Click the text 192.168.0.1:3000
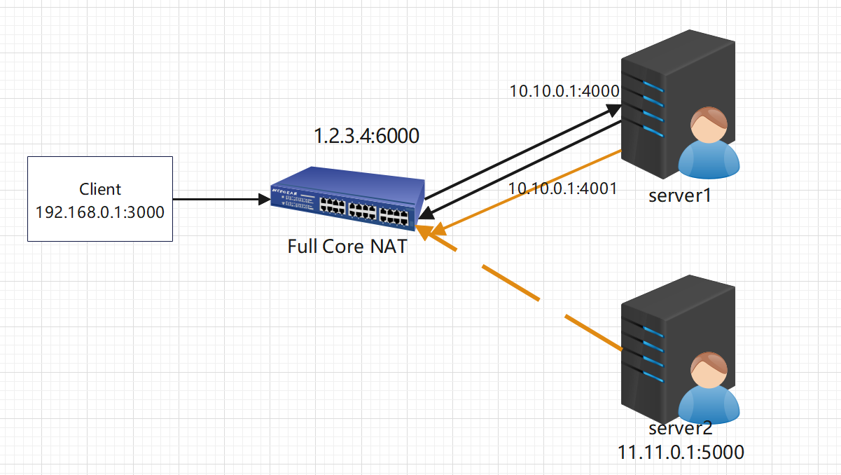click(100, 211)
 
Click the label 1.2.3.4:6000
click(367, 136)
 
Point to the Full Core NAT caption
click(347, 247)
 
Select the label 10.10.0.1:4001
click(562, 188)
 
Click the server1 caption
click(679, 195)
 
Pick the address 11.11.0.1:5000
click(681, 452)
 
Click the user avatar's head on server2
click(709, 369)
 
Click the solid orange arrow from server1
click(525, 189)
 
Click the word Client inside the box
click(100, 189)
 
